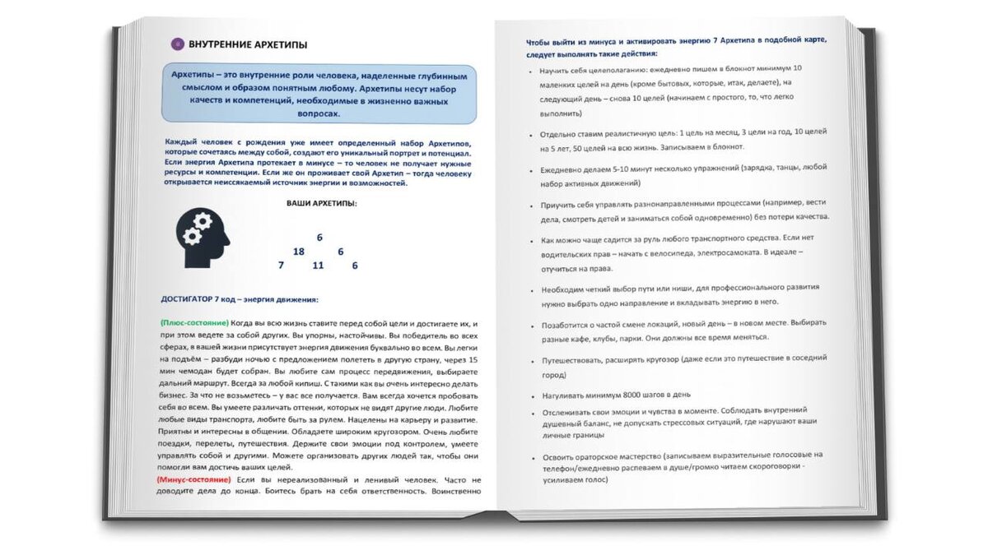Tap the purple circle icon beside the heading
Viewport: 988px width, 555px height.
pyautogui.click(x=176, y=44)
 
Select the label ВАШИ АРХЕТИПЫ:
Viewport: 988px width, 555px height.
pyautogui.click(x=322, y=202)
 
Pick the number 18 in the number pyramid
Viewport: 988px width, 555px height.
pyautogui.click(x=298, y=252)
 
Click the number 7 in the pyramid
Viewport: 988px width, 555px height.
pyautogui.click(x=281, y=266)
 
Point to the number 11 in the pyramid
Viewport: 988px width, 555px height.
pyautogui.click(x=318, y=266)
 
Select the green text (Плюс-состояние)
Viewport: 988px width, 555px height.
pyautogui.click(x=195, y=323)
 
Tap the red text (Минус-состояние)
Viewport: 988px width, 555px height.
pyautogui.click(x=193, y=479)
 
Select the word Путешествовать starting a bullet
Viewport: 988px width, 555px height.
pyautogui.click(x=574, y=360)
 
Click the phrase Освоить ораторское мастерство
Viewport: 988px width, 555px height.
pyautogui.click(x=609, y=455)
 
